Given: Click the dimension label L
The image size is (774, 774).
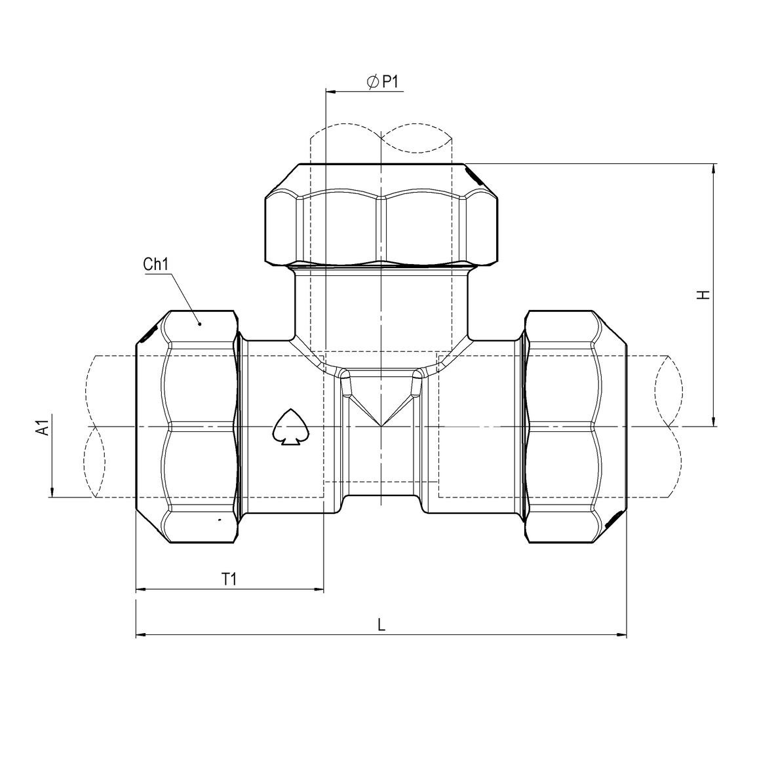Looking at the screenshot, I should coord(381,625).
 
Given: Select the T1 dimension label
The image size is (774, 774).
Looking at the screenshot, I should coord(229,579).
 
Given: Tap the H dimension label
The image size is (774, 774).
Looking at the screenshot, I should coord(703,294).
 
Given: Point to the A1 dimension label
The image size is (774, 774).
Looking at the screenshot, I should coord(43,429).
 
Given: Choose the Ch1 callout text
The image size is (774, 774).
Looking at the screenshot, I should coord(156,265).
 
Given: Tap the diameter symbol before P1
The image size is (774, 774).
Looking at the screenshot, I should coord(372,82).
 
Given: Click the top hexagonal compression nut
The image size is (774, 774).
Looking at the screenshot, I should coord(381,214).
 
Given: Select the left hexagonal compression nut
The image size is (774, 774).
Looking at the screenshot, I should coord(186,427).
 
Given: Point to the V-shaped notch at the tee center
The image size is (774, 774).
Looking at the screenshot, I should coord(381,410).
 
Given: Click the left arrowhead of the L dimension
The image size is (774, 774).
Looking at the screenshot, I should coord(140,634).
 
